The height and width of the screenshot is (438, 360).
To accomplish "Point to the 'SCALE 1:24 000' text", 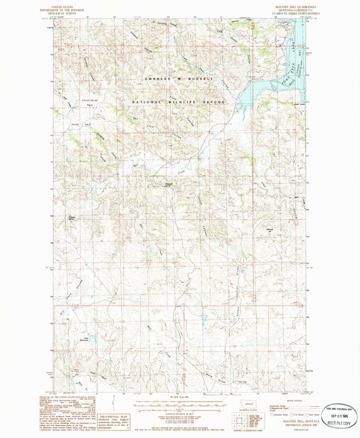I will [x=180, y=396].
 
